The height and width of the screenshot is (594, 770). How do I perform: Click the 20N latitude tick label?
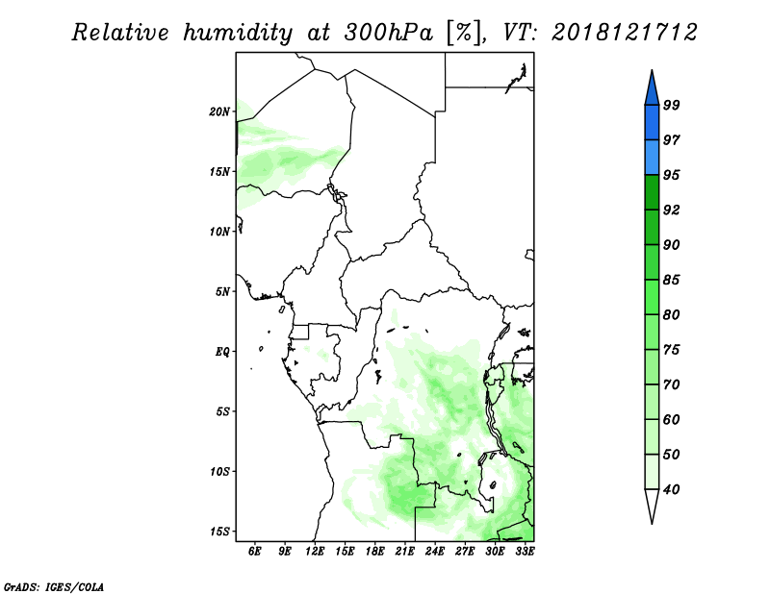(x=219, y=111)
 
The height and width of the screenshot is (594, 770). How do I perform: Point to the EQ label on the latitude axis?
(x=222, y=352)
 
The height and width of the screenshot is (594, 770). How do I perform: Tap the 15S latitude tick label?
(x=219, y=532)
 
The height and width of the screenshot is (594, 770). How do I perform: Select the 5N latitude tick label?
(x=222, y=292)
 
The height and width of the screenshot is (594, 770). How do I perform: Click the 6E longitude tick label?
(x=254, y=552)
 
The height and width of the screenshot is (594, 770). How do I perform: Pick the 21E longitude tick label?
(x=404, y=552)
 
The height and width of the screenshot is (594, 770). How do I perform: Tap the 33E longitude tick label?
(x=525, y=552)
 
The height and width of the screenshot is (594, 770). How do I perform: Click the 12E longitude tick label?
(x=315, y=552)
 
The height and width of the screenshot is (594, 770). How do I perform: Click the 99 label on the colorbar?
(x=671, y=105)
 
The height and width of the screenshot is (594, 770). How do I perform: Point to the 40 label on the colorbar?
(x=671, y=489)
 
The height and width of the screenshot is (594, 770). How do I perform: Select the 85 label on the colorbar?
(x=671, y=280)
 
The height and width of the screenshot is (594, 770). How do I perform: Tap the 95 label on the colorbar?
(x=671, y=175)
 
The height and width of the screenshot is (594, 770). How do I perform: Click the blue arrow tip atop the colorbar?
(x=652, y=70)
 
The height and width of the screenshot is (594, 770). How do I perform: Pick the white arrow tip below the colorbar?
(x=652, y=524)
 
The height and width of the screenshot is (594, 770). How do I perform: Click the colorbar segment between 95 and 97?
(x=652, y=158)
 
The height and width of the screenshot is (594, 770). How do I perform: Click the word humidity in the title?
(x=238, y=33)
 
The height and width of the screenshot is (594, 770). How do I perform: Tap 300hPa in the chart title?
(x=389, y=33)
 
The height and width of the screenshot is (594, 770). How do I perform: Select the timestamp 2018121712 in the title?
(x=624, y=33)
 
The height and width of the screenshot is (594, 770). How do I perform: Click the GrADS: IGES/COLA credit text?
(x=54, y=587)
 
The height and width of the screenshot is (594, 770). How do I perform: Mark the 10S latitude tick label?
(x=219, y=472)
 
